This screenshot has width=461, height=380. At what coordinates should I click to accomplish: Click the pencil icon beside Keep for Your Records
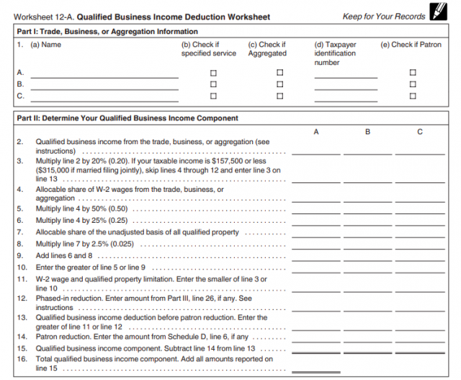[x=438, y=12]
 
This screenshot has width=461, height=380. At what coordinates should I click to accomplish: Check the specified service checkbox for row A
[x=212, y=73]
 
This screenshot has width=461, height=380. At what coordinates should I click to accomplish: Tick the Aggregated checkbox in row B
[x=280, y=84]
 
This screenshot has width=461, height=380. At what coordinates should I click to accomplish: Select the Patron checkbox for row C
[x=413, y=96]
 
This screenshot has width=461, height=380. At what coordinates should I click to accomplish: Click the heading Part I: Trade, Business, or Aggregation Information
[x=107, y=32]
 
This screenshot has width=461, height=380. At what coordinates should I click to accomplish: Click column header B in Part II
[x=367, y=132]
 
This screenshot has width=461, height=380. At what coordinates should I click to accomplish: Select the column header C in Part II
[x=420, y=132]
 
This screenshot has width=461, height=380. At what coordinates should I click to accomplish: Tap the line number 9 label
[x=21, y=255]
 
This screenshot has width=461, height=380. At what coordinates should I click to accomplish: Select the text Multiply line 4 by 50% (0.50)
[x=81, y=209]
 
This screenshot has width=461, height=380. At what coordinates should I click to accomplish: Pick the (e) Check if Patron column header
[x=411, y=45]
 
